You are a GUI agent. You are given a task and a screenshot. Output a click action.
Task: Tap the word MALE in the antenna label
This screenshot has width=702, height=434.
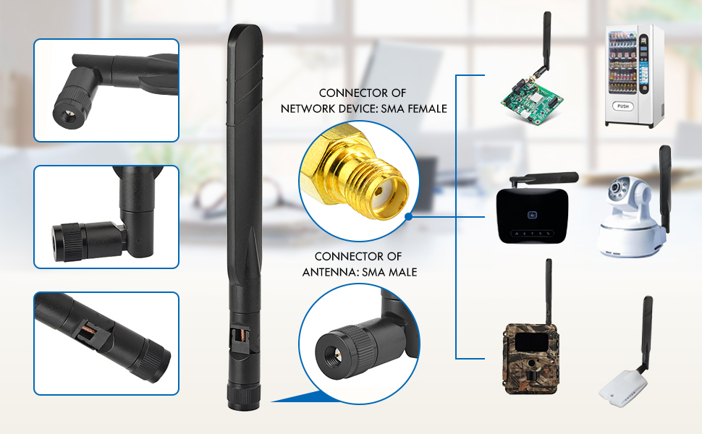point(402,272)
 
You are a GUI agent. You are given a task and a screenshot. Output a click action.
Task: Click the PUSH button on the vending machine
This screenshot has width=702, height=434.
point(623,106)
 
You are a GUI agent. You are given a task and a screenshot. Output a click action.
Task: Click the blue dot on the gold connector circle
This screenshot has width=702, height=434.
point(409,216)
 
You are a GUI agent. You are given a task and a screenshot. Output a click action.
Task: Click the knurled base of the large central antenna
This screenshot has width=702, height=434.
point(240,391)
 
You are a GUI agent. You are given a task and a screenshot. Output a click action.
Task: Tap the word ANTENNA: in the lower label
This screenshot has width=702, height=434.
point(329,272)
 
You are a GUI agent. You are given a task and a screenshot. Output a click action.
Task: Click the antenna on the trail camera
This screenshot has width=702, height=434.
point(549,289)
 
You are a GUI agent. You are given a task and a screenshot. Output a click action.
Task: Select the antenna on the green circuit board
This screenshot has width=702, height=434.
point(547,43)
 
